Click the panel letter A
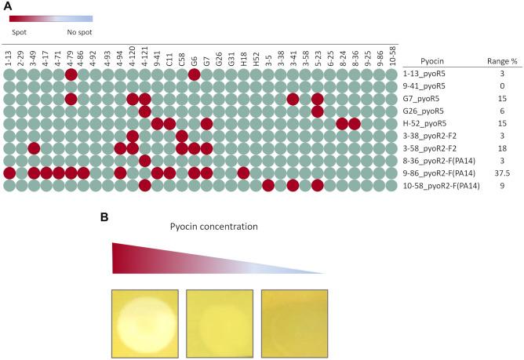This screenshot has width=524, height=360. [6, 5]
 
